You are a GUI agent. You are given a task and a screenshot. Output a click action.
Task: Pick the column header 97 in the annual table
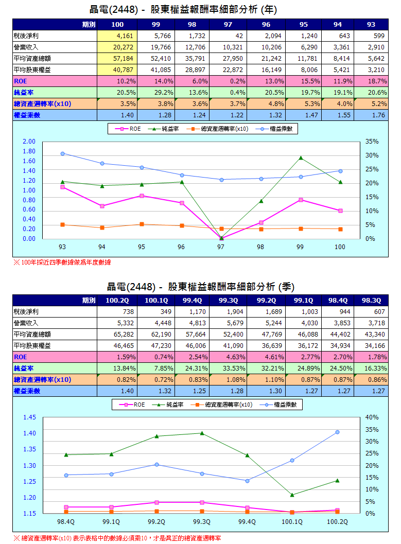(x=228, y=25)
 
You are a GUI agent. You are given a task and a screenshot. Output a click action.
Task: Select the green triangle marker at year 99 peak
(x=301, y=158)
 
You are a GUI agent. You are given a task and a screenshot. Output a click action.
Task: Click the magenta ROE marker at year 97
(x=221, y=238)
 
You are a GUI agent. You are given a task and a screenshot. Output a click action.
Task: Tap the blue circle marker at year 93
(x=63, y=153)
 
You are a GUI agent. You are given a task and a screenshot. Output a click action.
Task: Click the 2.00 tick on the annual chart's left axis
(x=29, y=142)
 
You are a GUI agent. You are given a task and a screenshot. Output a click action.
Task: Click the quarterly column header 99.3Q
(x=228, y=300)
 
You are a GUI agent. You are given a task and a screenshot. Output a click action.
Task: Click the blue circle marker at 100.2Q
(x=338, y=432)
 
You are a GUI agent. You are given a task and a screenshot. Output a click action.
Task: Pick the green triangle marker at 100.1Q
(x=292, y=495)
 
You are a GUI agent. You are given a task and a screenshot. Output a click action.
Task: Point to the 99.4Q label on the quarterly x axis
(x=247, y=521)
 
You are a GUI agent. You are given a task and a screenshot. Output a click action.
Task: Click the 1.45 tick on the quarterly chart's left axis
(x=29, y=417)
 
